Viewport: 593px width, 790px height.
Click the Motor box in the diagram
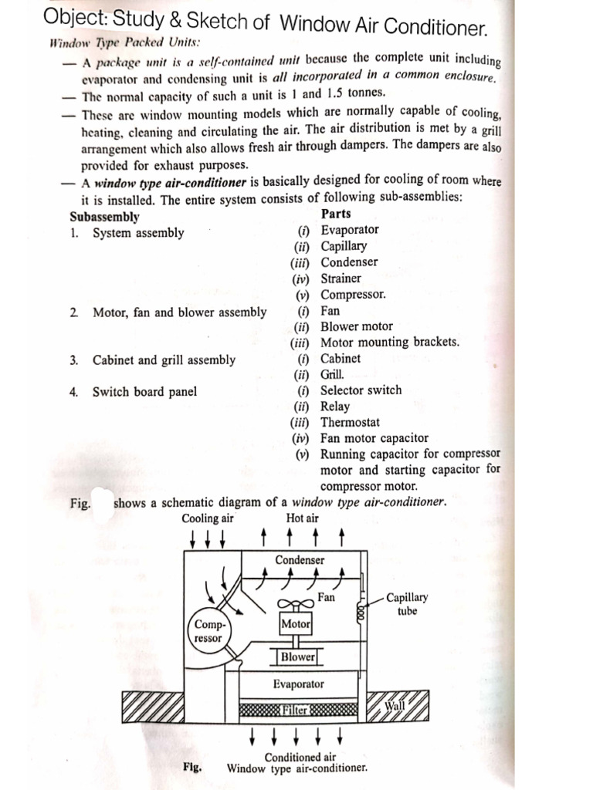click(296, 623)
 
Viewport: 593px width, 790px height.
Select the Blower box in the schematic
click(297, 657)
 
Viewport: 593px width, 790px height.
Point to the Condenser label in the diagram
click(300, 560)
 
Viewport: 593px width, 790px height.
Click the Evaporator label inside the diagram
click(298, 684)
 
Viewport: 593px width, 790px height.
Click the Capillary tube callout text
click(407, 603)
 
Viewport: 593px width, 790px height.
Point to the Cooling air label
click(208, 518)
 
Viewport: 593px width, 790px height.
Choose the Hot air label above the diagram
click(302, 518)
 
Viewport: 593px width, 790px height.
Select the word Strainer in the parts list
click(341, 278)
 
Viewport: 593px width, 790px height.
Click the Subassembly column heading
click(104, 217)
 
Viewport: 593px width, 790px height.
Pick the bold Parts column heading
click(335, 214)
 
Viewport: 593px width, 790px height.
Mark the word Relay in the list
click(335, 406)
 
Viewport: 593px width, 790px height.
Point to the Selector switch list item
click(361, 390)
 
